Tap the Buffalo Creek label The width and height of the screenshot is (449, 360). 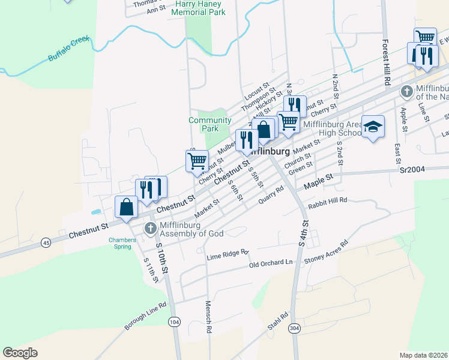[x=68, y=50]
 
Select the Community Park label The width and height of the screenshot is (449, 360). [x=209, y=124]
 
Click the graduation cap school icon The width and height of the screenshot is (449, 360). [x=373, y=127]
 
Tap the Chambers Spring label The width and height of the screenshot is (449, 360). [x=118, y=243]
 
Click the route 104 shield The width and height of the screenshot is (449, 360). [x=174, y=322]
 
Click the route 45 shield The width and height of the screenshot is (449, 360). [x=46, y=242]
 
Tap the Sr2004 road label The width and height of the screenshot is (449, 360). [x=412, y=170]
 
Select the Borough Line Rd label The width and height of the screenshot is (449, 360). [x=145, y=316]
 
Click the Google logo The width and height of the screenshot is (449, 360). [x=20, y=353]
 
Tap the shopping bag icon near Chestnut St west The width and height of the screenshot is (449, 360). [x=126, y=208]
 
